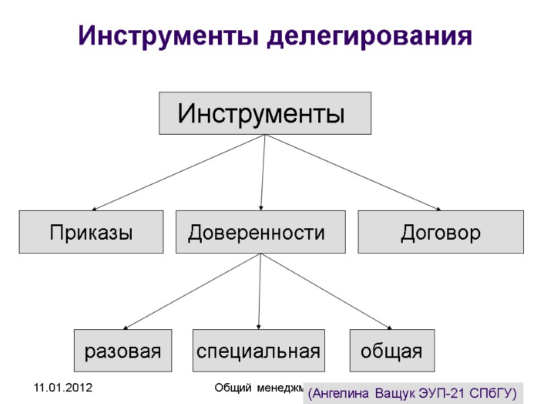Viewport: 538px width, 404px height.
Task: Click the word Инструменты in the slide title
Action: coord(169,35)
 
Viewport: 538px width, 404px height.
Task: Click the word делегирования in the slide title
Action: coord(370,36)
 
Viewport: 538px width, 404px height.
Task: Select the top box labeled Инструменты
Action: coord(265,113)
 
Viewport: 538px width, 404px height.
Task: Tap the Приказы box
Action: coord(91,232)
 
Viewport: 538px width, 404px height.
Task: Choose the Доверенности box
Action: coord(260,232)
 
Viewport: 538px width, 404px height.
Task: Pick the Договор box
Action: coord(440,232)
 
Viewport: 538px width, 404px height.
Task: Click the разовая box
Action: coord(122,350)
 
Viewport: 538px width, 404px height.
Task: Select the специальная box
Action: coord(258,350)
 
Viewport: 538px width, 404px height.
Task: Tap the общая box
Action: coord(392,350)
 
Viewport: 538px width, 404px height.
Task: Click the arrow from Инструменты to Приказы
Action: coord(178,172)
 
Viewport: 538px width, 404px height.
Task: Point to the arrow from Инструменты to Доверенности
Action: coord(263,172)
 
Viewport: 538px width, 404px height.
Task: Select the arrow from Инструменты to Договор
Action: coord(353,172)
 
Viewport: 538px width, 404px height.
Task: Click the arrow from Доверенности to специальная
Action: coord(260,291)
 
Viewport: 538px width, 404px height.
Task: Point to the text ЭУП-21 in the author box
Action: coord(445,392)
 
